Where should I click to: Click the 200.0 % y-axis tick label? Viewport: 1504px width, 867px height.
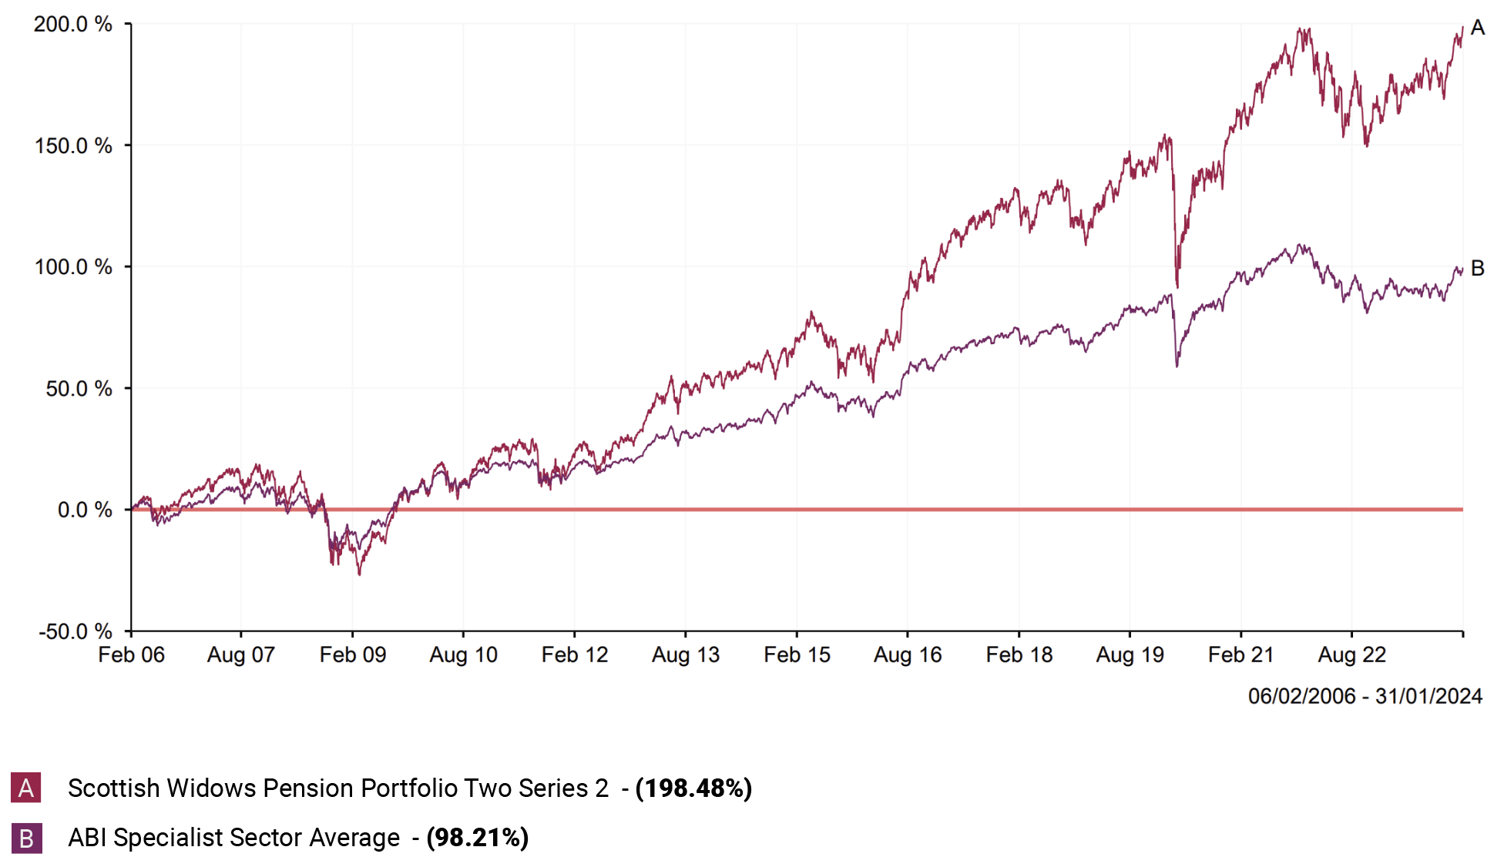(72, 25)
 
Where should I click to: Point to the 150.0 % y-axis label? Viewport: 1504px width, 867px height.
(72, 146)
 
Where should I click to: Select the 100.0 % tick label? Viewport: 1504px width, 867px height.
(72, 267)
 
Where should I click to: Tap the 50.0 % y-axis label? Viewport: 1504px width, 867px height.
(78, 389)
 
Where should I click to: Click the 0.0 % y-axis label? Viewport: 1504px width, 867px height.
(84, 510)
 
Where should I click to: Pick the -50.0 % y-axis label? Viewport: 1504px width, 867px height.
(75, 631)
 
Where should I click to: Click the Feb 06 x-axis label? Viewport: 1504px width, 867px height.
(131, 655)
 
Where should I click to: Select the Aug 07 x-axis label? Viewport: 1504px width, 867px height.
(241, 655)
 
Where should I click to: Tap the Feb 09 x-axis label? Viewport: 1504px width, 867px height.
(353, 655)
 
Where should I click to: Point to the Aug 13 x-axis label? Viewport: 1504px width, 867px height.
(686, 655)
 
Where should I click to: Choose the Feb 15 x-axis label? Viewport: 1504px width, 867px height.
(797, 655)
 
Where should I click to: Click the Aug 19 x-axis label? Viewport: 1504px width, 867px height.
(1130, 655)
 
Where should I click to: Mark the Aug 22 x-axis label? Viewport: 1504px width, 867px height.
(1351, 655)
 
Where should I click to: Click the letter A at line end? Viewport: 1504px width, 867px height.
(1477, 28)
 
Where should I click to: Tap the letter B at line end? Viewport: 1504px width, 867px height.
(1477, 268)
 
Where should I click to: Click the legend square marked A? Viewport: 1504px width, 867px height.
(26, 788)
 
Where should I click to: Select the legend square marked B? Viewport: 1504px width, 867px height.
(26, 838)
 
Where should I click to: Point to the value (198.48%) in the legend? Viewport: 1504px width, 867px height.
(693, 788)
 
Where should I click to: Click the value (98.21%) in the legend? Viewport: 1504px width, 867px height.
(478, 838)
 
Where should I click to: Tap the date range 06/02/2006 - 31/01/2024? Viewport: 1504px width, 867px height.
(1365, 696)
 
